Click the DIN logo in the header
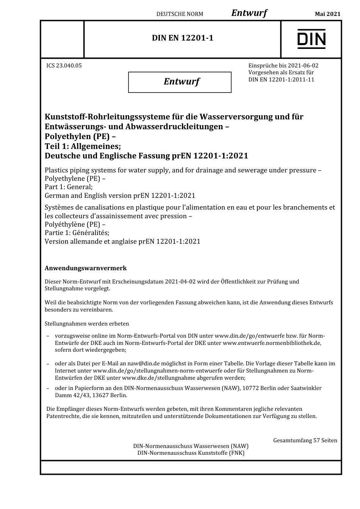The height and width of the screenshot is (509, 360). (x=311, y=39)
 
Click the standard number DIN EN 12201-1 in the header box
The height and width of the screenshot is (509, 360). (x=183, y=38)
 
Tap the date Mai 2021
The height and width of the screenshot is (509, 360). (x=328, y=14)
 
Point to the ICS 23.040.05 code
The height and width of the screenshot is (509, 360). (x=64, y=66)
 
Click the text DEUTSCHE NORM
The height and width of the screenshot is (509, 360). (x=180, y=14)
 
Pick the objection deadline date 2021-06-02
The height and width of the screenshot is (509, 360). (x=303, y=66)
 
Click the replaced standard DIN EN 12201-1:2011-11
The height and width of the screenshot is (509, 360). (x=281, y=80)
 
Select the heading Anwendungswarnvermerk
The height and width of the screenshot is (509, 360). (x=86, y=268)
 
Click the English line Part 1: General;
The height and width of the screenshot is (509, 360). (x=69, y=187)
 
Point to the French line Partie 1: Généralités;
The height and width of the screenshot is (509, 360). (x=77, y=233)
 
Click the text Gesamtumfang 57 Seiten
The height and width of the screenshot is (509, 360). (x=305, y=440)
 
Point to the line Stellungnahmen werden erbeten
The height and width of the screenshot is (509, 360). (x=87, y=324)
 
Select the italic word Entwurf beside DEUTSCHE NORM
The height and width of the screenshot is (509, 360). (x=249, y=13)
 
